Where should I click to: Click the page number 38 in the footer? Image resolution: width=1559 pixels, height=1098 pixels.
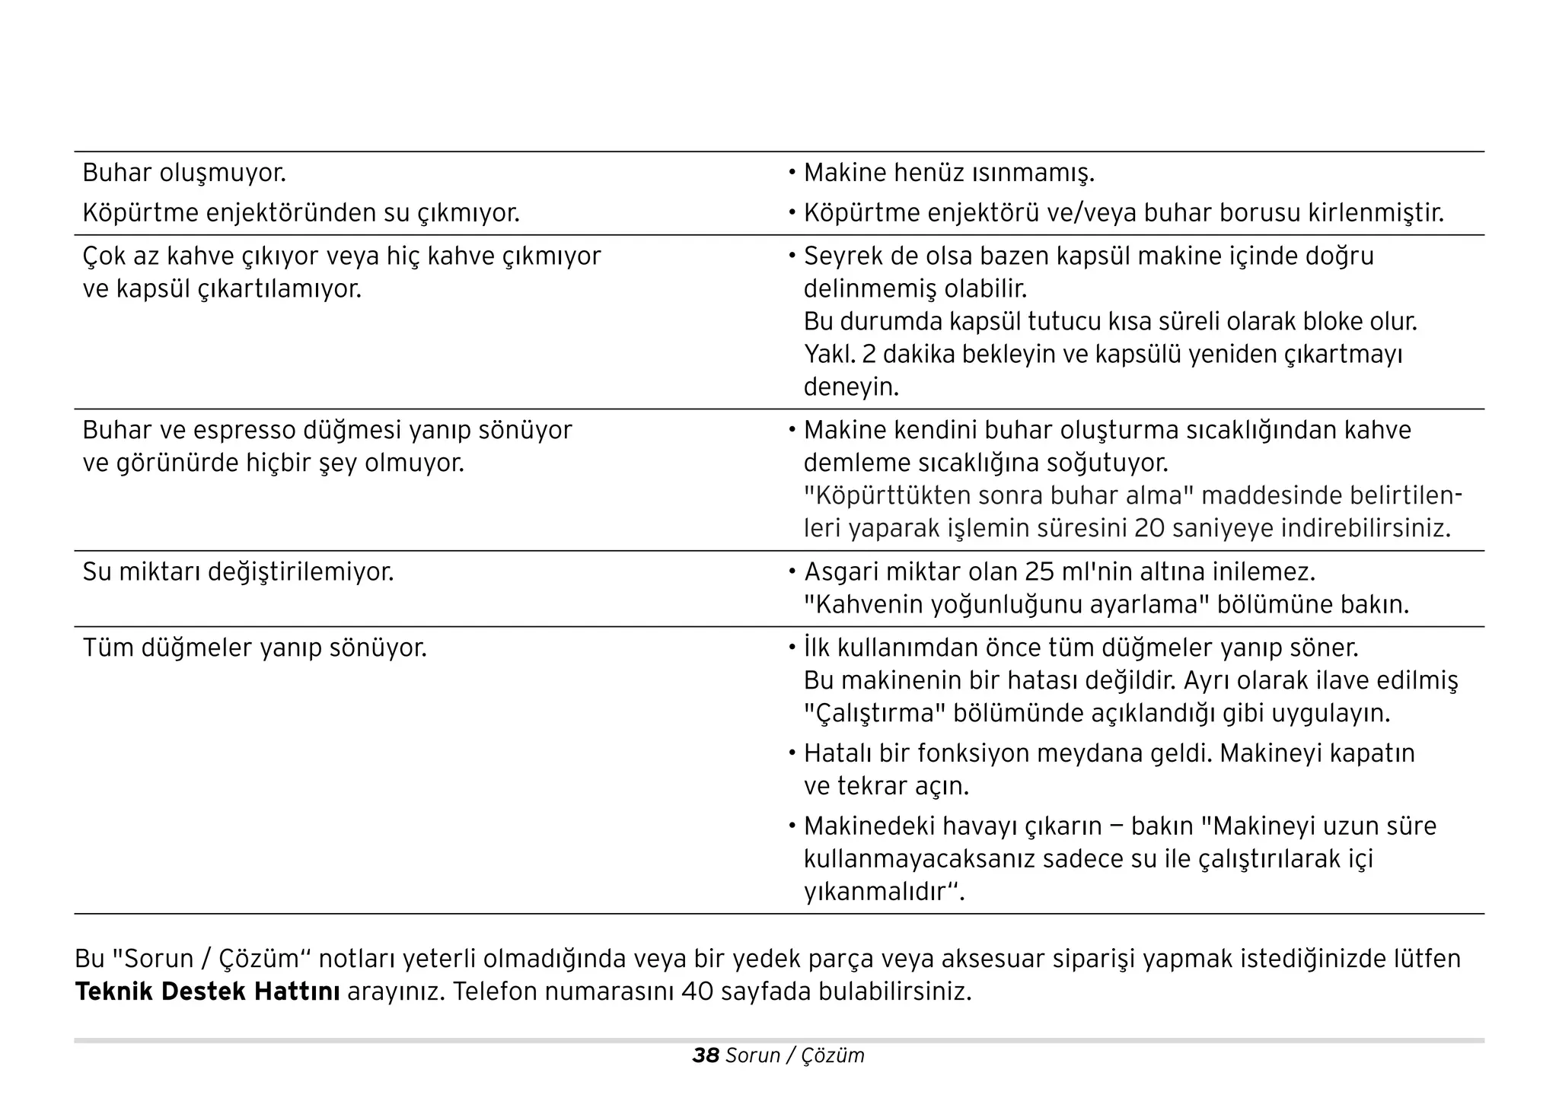(705, 1055)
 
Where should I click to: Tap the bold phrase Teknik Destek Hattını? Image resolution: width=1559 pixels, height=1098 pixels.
(207, 992)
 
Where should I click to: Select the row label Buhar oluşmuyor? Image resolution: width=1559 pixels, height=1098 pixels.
(184, 173)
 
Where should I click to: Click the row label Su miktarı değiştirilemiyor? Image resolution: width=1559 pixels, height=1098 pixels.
(238, 572)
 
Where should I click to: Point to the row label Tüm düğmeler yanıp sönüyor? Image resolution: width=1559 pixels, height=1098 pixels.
(254, 648)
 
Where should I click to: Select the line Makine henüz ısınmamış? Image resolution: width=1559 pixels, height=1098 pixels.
(948, 173)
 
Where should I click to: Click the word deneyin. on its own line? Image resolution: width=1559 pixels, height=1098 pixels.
(851, 387)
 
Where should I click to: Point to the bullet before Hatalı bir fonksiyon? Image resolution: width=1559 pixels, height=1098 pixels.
(792, 753)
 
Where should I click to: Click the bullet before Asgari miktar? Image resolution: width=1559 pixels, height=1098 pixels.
(792, 572)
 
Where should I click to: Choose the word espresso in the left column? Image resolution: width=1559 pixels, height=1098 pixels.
(244, 431)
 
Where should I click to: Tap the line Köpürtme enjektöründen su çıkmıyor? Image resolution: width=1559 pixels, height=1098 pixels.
(301, 213)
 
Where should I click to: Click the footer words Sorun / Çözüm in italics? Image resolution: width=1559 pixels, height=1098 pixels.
(795, 1055)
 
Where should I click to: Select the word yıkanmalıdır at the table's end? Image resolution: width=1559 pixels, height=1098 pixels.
(875, 892)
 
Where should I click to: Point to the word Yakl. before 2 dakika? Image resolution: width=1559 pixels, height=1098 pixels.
(829, 355)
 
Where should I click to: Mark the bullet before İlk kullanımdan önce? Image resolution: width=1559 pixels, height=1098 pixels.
(792, 648)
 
